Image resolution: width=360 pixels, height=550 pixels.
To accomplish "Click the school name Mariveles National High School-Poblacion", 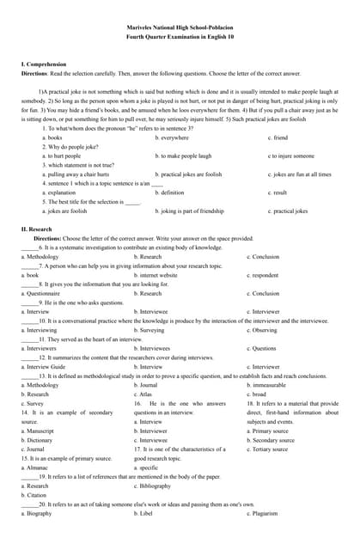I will (x=180, y=28).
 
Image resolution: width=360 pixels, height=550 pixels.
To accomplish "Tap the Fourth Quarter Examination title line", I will (x=180, y=38).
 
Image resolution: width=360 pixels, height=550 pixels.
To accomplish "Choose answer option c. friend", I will (x=280, y=137).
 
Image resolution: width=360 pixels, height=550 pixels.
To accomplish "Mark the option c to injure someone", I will (x=291, y=156).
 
